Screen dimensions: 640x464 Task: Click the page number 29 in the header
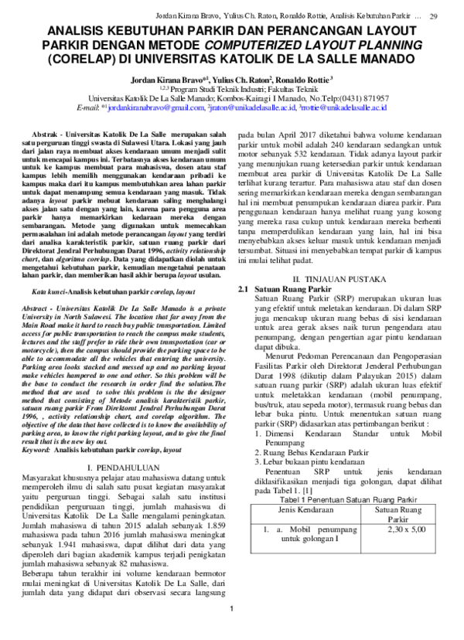pyautogui.click(x=434, y=16)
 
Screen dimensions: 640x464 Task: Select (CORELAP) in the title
pyautogui.click(x=80, y=60)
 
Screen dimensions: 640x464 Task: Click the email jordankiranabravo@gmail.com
pyautogui.click(x=154, y=109)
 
